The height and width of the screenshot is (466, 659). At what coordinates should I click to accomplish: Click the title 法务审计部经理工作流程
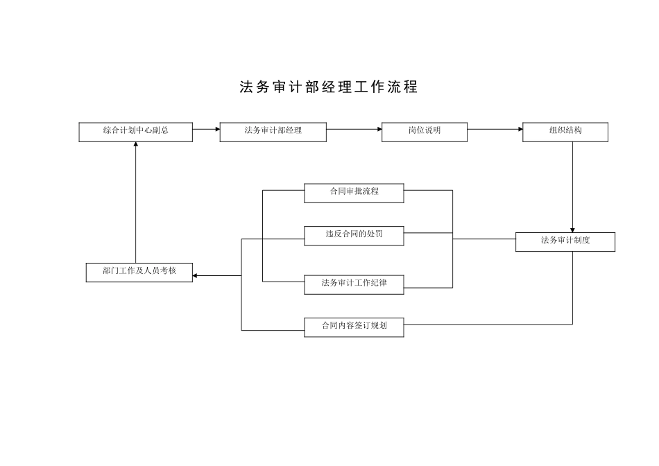click(329, 87)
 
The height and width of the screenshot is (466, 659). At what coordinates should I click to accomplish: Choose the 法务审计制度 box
click(565, 241)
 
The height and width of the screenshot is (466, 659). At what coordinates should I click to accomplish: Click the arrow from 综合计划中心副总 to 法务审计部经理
click(206, 129)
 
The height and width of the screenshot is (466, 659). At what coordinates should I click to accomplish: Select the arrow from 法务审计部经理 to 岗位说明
click(354, 129)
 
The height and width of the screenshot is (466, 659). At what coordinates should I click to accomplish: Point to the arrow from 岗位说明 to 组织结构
click(495, 129)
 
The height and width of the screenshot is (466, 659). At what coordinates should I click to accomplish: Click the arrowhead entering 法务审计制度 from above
click(572, 230)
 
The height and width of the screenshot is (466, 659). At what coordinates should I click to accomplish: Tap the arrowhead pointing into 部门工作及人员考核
click(196, 276)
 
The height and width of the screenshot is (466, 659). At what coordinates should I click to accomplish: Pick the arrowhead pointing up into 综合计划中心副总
click(135, 145)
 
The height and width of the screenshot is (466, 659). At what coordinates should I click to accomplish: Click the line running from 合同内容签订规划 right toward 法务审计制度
click(486, 324)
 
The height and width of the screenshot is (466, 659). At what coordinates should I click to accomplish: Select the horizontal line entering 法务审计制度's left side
click(484, 239)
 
